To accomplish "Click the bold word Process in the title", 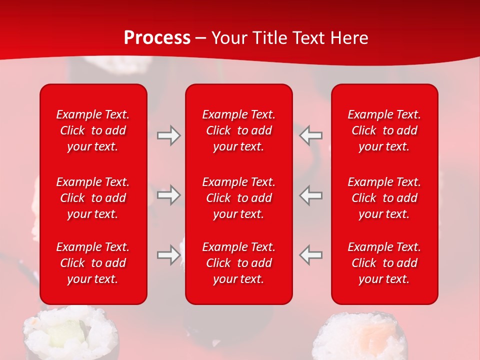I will [157, 38].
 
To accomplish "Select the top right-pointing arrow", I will [168, 135].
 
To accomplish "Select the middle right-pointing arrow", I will [168, 195].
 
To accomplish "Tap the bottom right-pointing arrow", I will [168, 254].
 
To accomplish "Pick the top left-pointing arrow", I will [311, 135].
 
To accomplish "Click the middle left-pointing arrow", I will [311, 195].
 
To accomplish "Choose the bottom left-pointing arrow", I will [311, 254].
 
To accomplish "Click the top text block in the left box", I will [93, 130].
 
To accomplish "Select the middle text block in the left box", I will [93, 198].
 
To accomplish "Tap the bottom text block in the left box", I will [93, 263].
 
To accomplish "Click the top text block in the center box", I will [238, 130].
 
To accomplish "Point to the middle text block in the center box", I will [238, 198].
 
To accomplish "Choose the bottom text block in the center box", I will [238, 263].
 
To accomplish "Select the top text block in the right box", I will [384, 130].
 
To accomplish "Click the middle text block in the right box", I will [384, 198].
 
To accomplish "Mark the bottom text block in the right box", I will [384, 263].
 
